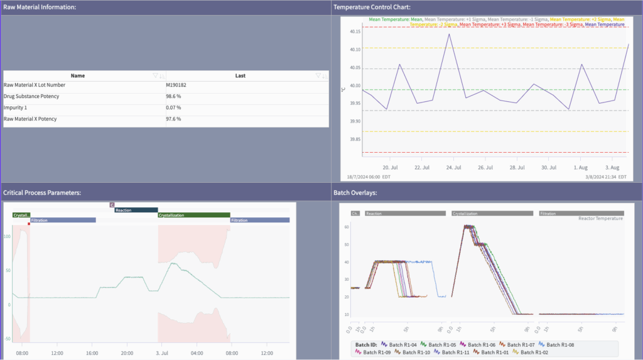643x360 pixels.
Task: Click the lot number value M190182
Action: [x=175, y=85]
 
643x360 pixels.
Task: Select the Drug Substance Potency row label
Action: [x=31, y=96]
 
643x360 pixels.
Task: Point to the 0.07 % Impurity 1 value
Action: [x=173, y=107]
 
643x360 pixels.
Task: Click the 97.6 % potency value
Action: [x=173, y=119]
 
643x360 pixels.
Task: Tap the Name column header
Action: [x=78, y=75]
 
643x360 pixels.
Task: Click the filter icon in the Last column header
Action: [x=318, y=75]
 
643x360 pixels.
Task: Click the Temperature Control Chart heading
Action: [x=372, y=7]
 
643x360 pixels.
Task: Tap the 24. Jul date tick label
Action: [x=454, y=168]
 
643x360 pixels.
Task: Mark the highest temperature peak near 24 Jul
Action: [x=449, y=34]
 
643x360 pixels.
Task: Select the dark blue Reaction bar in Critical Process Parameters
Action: [x=136, y=210]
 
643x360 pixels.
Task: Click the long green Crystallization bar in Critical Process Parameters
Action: [x=193, y=215]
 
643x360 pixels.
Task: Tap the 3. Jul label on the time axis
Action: [x=162, y=353]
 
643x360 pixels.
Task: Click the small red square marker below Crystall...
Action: [x=29, y=224]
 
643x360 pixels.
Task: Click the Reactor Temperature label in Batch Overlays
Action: [x=600, y=219]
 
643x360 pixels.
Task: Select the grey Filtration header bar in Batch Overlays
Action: [x=581, y=214]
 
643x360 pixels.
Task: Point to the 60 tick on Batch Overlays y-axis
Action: [x=346, y=226]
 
